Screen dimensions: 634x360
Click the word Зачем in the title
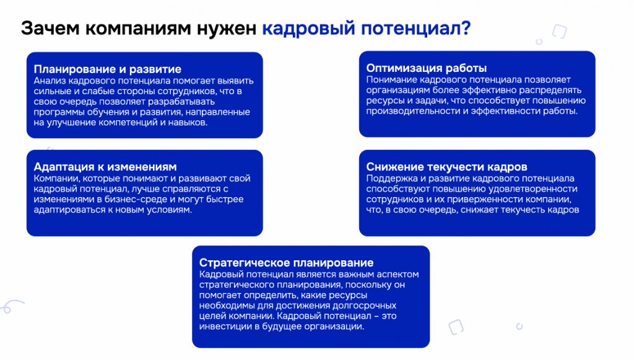50,29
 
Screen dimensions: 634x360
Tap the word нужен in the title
227,29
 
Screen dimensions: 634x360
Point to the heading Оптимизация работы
427,68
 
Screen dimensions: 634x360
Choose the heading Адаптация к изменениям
105,167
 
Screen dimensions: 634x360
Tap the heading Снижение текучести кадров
447,167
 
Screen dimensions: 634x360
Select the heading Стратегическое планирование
286,263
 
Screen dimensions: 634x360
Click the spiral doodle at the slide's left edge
11,306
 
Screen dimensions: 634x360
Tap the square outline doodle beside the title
559,31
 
